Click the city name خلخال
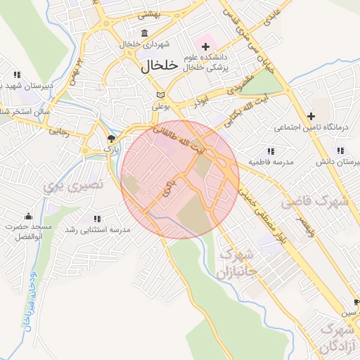click(x=150, y=67)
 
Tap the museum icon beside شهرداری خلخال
click(x=145, y=33)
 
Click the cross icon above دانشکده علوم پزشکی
click(x=205, y=46)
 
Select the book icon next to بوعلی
click(x=161, y=95)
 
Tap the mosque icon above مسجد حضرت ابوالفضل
click(x=28, y=216)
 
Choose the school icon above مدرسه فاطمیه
click(x=271, y=151)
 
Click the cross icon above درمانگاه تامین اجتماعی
click(x=311, y=116)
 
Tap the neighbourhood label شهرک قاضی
click(x=316, y=202)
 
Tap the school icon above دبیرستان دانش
click(x=340, y=151)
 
